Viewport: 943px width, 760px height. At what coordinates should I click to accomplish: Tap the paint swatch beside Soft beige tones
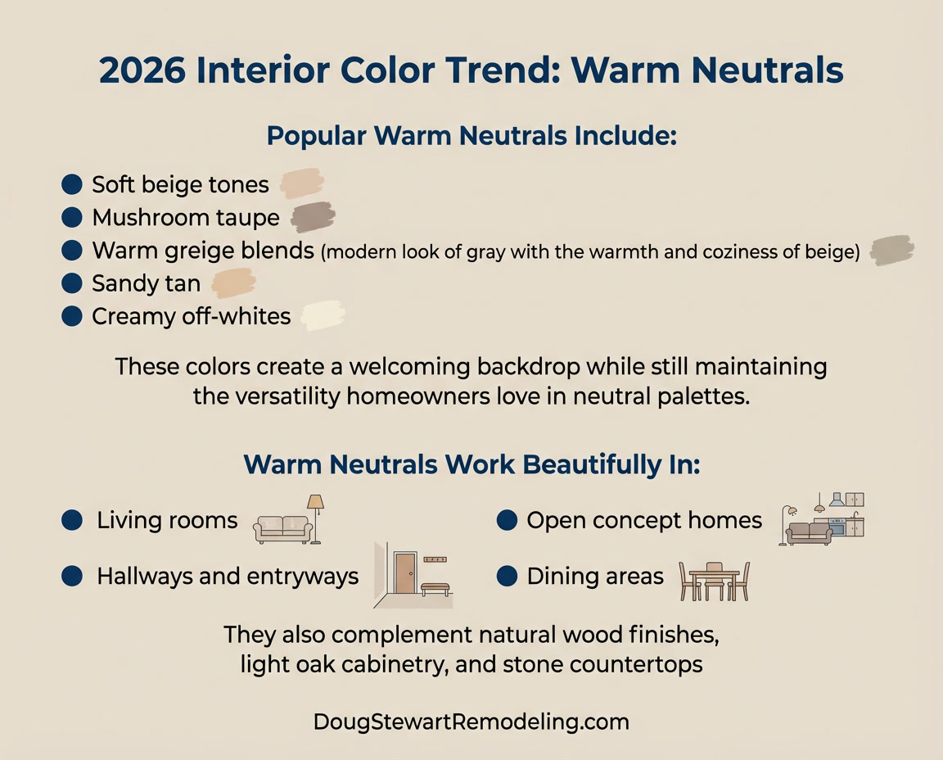[302, 183]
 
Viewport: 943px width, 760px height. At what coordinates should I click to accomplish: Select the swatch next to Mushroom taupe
[313, 217]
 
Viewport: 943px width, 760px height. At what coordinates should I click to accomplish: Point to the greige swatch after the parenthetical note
[892, 251]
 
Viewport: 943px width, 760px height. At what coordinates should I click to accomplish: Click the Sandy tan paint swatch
[234, 283]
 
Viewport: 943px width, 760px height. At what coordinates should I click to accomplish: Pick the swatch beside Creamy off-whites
[323, 316]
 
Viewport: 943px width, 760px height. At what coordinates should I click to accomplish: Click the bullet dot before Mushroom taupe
[72, 217]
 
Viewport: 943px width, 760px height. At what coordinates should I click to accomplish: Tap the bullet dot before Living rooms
[72, 520]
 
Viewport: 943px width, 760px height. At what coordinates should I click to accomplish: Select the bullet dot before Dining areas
[508, 577]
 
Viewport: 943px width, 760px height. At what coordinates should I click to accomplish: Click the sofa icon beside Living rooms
[282, 528]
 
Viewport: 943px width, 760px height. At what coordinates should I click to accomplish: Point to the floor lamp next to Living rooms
[315, 518]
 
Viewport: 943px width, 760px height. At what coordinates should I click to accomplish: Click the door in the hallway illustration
[404, 572]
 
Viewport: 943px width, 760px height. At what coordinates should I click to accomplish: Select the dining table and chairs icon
[714, 581]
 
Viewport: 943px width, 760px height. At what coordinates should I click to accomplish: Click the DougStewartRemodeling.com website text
[471, 722]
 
